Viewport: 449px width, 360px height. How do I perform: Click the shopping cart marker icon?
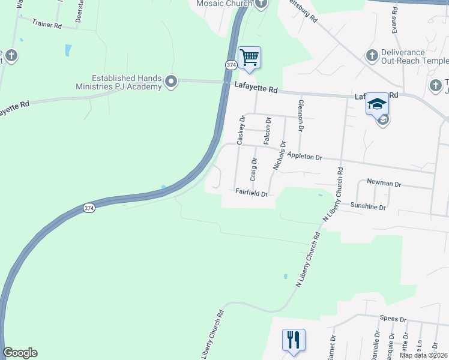(249, 58)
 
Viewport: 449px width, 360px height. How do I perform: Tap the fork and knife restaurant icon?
(294, 340)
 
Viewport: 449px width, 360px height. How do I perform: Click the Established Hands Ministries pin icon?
(172, 81)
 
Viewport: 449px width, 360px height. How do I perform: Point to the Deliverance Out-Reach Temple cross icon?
(372, 56)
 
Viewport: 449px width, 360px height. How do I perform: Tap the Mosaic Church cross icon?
(260, 4)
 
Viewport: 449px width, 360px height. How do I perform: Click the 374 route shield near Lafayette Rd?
(231, 64)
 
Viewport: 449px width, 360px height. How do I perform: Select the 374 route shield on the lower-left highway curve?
(89, 208)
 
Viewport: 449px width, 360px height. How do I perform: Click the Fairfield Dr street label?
(251, 193)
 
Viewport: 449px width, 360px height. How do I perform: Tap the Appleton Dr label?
(304, 157)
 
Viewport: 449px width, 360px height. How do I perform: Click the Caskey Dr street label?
(241, 130)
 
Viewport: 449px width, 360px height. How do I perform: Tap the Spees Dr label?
(393, 319)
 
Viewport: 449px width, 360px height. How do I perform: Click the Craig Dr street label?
(254, 169)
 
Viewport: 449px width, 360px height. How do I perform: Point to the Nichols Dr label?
(278, 157)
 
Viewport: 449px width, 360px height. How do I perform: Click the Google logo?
(20, 353)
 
